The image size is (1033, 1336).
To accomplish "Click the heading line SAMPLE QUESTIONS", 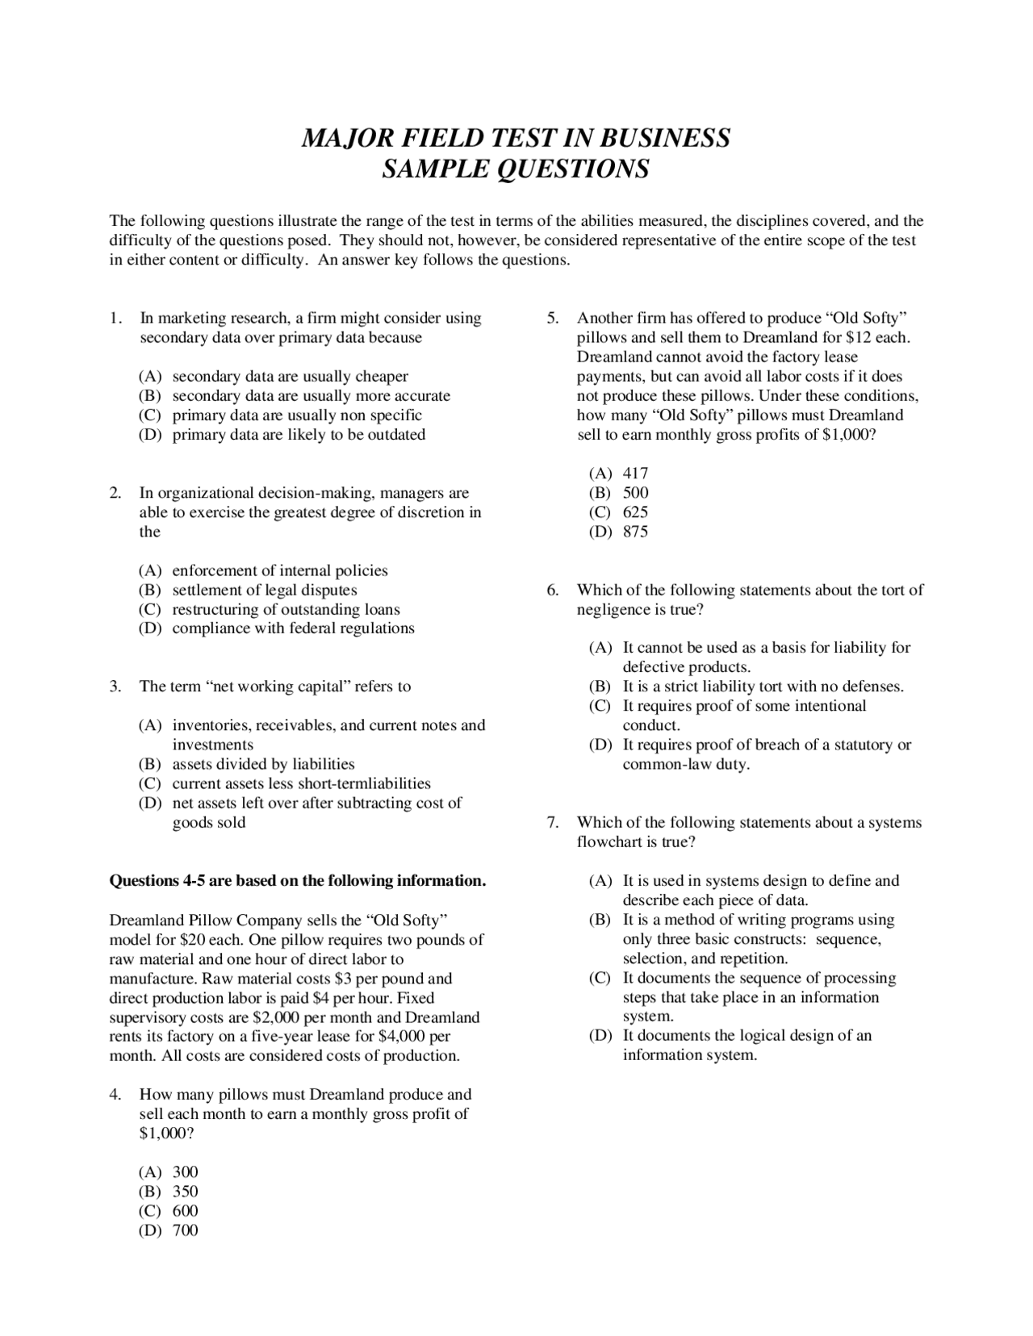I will (x=516, y=169).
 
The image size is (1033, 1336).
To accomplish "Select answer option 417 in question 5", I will (x=635, y=474).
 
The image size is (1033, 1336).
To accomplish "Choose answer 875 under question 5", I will (x=635, y=532).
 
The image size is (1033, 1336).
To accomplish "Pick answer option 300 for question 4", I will (x=185, y=1172).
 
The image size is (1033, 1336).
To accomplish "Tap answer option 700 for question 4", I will (x=185, y=1230).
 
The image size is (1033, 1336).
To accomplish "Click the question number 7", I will (x=552, y=823).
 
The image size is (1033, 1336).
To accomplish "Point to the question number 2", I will (x=115, y=493).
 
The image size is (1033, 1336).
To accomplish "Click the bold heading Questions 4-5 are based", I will (x=297, y=881).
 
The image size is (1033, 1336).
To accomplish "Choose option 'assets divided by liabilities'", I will (x=263, y=764).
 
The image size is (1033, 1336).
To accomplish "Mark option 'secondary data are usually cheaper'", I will (x=290, y=377).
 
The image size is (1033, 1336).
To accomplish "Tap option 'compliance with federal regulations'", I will (x=293, y=628).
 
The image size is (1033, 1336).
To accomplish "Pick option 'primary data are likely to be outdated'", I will (x=299, y=435).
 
